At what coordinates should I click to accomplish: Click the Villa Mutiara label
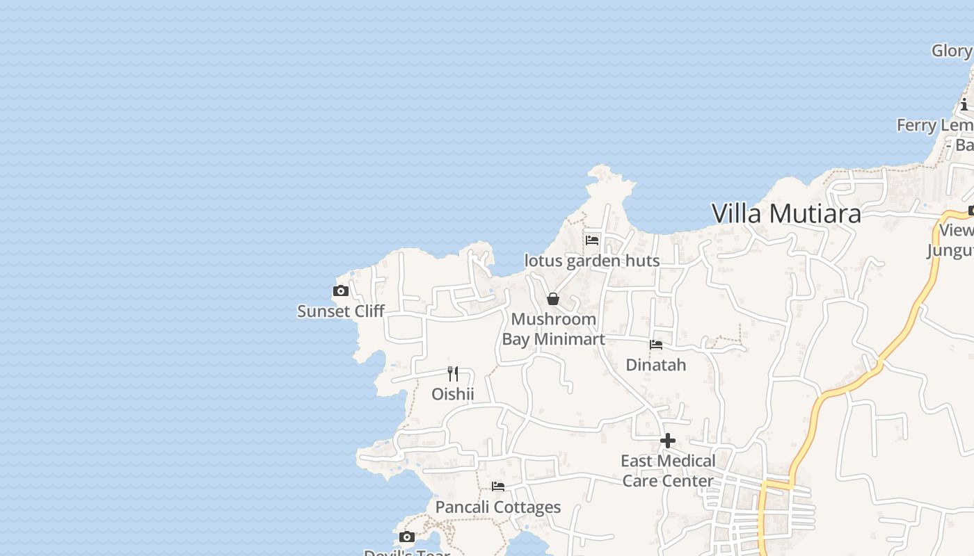point(786,213)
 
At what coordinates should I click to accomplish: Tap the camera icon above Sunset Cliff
point(341,291)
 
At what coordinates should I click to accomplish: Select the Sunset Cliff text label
point(340,311)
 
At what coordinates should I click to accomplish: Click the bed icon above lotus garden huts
point(592,240)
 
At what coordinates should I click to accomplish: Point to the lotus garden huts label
point(591,261)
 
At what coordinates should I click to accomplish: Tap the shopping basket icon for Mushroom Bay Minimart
point(553,299)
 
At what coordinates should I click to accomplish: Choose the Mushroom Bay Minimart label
point(553,329)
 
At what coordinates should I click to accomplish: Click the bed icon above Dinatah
point(656,344)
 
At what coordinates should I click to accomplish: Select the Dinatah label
point(655,365)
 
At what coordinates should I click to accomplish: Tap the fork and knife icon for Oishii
point(453,374)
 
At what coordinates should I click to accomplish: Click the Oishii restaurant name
point(452,394)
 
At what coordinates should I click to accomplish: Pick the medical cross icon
point(668,441)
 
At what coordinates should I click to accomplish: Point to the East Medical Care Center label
point(668,471)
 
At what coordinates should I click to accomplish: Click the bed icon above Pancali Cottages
point(498,486)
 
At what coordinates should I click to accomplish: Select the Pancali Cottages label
point(497,507)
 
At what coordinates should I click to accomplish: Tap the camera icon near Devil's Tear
point(407,537)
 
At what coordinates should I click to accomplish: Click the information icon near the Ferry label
point(964,106)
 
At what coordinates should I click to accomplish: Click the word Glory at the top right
point(951,51)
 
